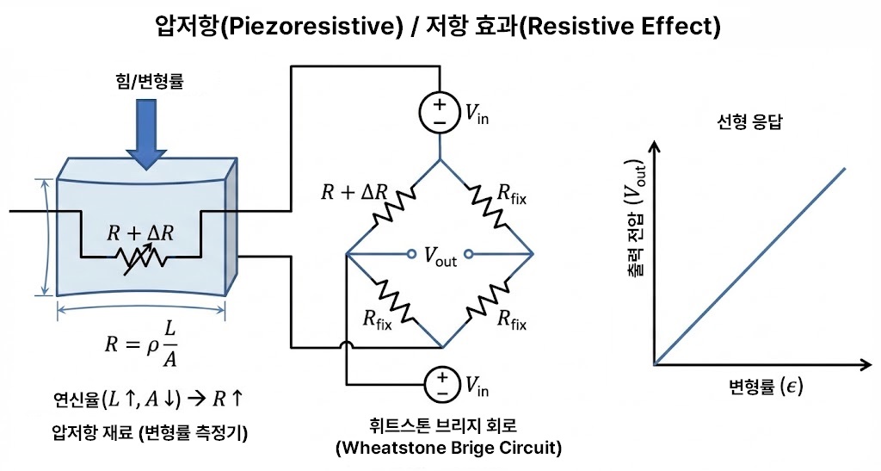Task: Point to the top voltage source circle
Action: tap(440, 113)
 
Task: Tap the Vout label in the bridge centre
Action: tap(440, 256)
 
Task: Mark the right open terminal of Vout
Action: tap(468, 254)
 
